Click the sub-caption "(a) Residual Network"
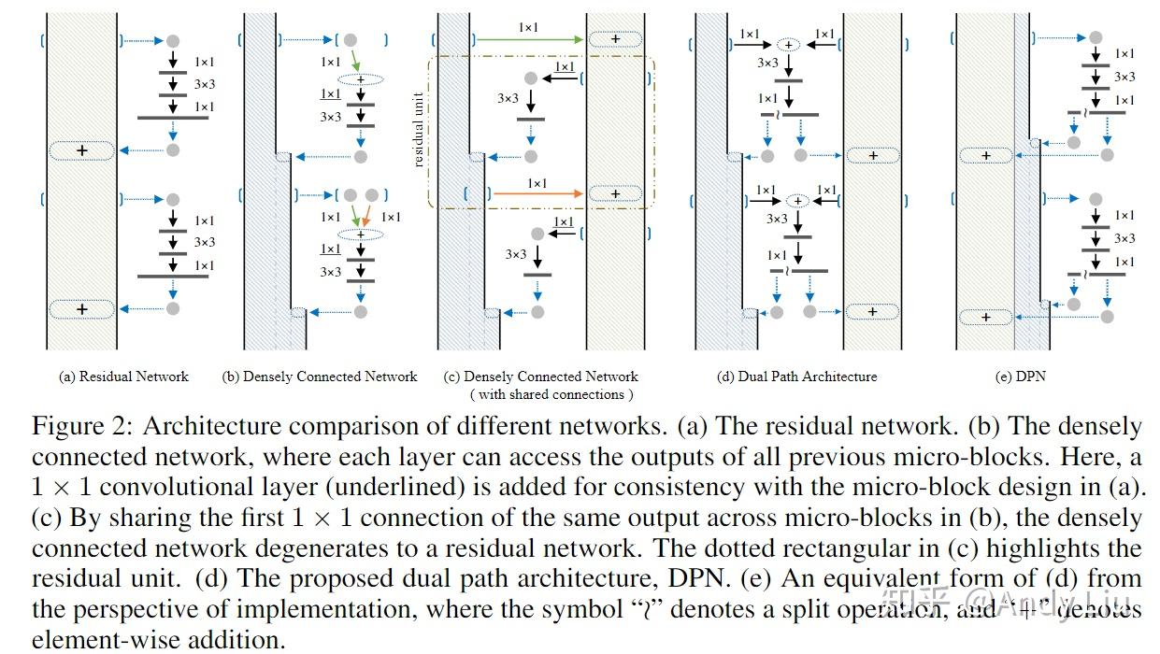tap(123, 377)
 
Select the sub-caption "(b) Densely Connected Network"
tap(320, 377)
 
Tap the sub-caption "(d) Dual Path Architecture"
tap(796, 377)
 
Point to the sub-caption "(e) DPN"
tap(1021, 377)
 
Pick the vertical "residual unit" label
tap(419, 130)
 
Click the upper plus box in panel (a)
tap(81, 150)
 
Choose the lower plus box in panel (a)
tap(81, 309)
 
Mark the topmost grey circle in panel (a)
tap(172, 40)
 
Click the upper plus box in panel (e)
tap(986, 156)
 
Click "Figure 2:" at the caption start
tap(80, 427)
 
